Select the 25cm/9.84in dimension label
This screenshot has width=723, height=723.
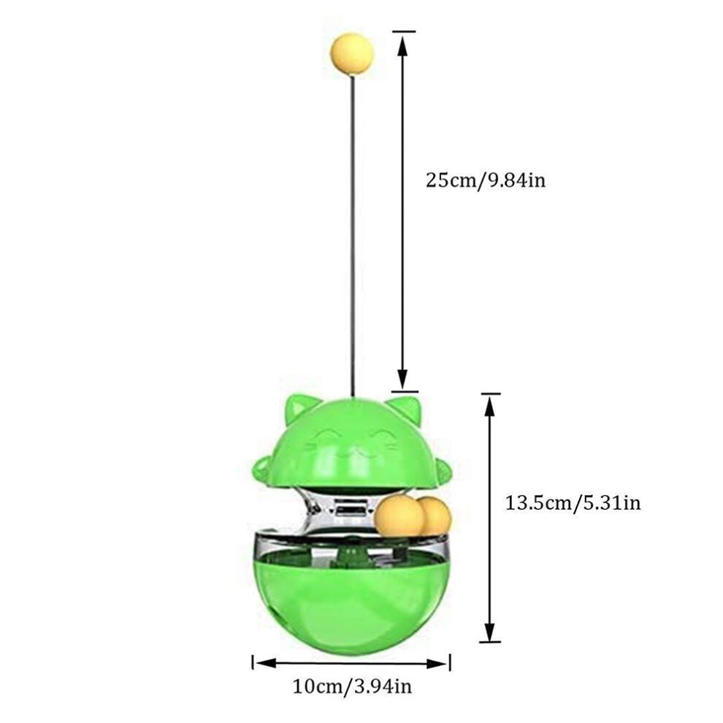coord(486,179)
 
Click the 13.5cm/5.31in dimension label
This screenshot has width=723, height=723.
coord(573,502)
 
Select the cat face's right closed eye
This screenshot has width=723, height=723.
coord(380,440)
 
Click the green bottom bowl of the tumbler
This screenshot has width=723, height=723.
coord(351,599)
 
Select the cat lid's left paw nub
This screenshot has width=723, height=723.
coord(259,468)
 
